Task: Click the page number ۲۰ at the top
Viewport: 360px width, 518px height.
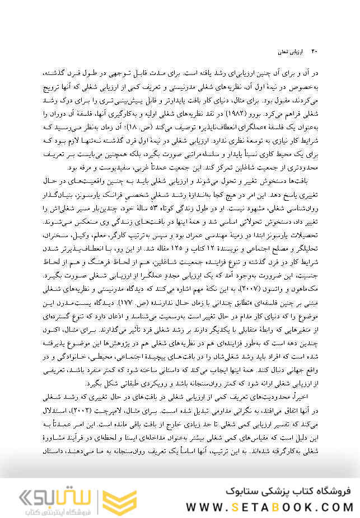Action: click(x=314, y=51)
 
